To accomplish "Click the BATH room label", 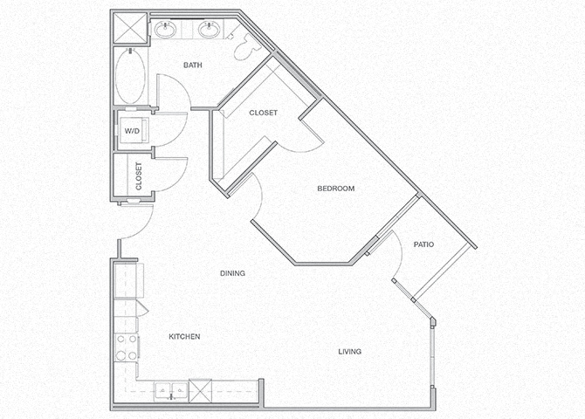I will tap(194, 65).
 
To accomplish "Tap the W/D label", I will tap(132, 131).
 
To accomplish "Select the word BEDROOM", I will tap(335, 189).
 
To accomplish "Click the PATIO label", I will tap(424, 244).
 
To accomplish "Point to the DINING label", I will tap(232, 273).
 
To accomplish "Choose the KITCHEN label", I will tap(184, 337).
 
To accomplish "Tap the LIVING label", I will tap(350, 352).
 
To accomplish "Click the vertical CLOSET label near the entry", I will tap(139, 175).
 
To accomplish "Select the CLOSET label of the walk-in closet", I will tap(263, 113).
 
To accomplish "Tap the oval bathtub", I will tap(131, 77).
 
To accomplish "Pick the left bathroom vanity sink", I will tap(166, 31).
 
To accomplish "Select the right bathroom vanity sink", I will tap(210, 31).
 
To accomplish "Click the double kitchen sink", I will tap(170, 388).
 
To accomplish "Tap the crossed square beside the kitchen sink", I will tap(201, 389).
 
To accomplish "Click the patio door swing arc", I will tap(397, 258).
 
